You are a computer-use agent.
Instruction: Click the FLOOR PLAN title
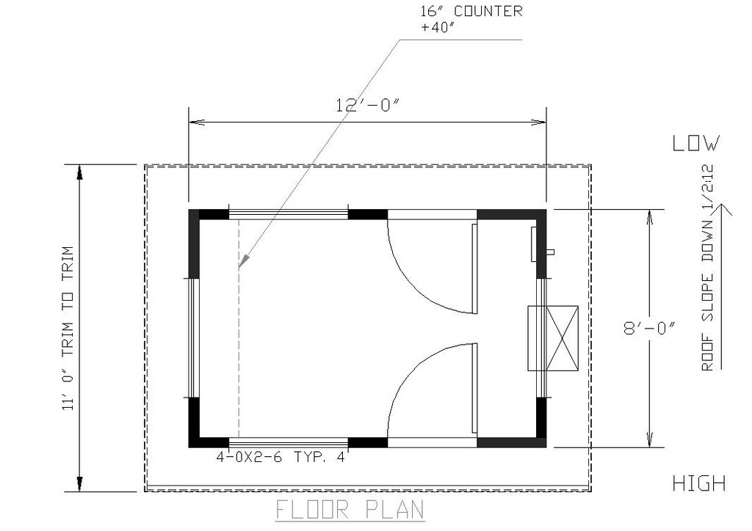[x=350, y=510]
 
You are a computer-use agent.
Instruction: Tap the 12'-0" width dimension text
[x=367, y=105]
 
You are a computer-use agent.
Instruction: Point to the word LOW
[x=696, y=143]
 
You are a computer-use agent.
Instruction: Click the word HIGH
[x=699, y=483]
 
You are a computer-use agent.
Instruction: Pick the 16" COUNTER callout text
[x=471, y=11]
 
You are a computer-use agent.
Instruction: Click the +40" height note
[x=438, y=27]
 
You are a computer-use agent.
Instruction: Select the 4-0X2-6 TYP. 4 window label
[x=281, y=457]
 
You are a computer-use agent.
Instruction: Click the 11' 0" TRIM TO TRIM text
[x=68, y=329]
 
